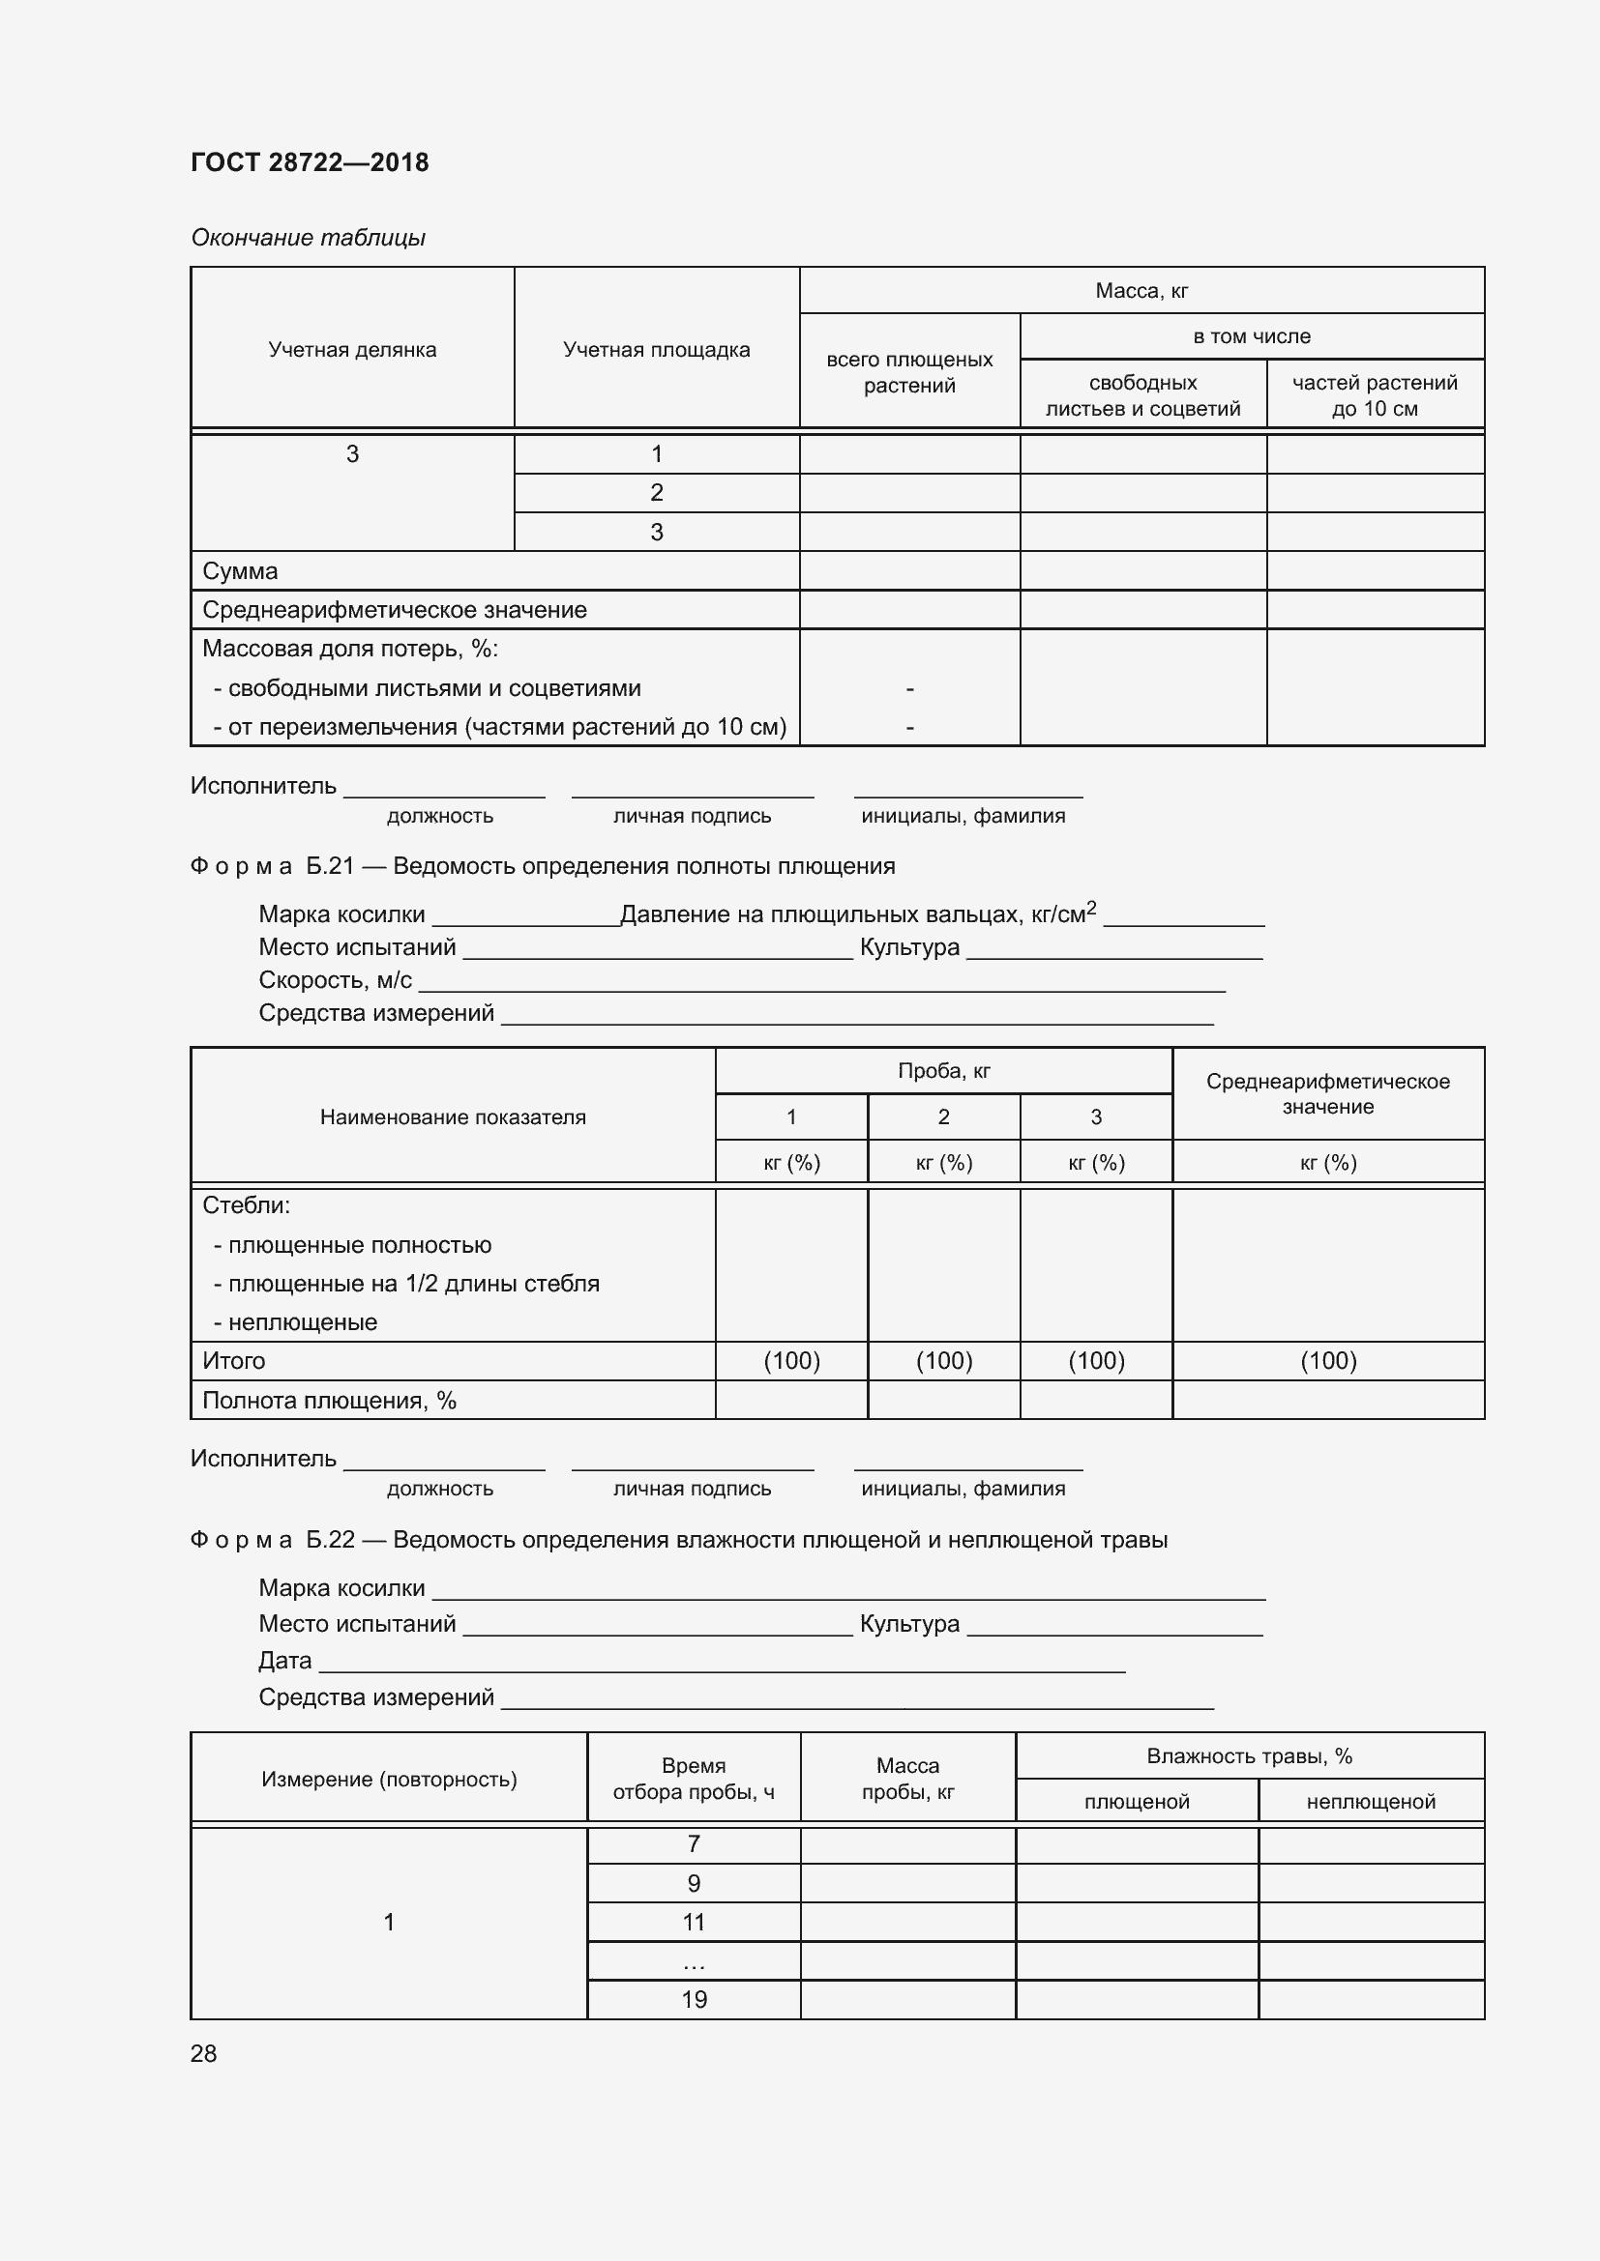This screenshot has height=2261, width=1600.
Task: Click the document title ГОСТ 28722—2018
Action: pyautogui.click(x=310, y=162)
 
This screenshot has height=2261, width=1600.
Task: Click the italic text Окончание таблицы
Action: pyautogui.click(x=308, y=238)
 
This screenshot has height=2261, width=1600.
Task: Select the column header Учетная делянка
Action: pyautogui.click(x=352, y=350)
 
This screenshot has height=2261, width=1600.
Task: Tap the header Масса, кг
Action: pyautogui.click(x=1141, y=291)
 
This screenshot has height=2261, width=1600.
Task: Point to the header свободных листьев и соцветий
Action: pyautogui.click(x=1141, y=395)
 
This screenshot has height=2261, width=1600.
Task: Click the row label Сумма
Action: pyautogui.click(x=241, y=571)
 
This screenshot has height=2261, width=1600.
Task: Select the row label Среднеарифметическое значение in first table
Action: pyautogui.click(x=394, y=610)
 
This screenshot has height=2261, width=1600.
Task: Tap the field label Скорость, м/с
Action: pyautogui.click(x=335, y=980)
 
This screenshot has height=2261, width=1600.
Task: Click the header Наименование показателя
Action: pyautogui.click(x=452, y=1116)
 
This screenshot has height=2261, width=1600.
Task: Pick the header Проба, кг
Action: pyautogui.click(x=943, y=1070)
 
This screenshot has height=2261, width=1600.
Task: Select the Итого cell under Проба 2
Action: pyautogui.click(x=943, y=1360)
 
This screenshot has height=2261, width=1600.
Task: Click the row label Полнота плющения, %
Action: pyautogui.click(x=329, y=1400)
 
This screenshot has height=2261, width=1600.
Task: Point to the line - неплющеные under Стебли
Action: pyautogui.click(x=296, y=1321)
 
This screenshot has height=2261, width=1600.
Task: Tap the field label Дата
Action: pyautogui.click(x=284, y=1661)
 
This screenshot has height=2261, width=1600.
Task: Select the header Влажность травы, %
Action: pyautogui.click(x=1248, y=1755)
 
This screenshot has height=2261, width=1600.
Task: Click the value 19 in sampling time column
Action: pyautogui.click(x=694, y=1999)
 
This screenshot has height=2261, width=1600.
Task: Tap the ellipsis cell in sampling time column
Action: pyautogui.click(x=694, y=1960)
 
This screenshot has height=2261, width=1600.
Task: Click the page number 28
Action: pyautogui.click(x=204, y=2053)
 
